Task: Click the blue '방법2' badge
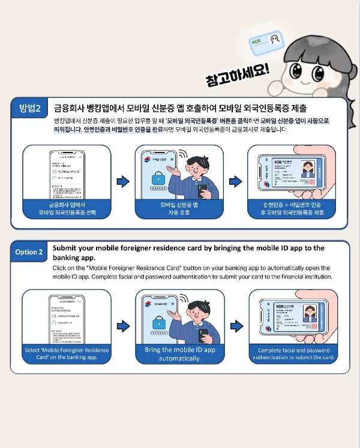coord(30,108)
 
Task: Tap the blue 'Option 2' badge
coord(29,252)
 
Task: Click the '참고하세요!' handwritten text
coord(237,77)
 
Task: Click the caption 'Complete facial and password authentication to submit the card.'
coord(293,354)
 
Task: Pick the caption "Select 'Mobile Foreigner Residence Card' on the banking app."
coord(67,354)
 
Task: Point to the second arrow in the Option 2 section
coord(236,326)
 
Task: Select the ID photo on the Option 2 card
coord(310,313)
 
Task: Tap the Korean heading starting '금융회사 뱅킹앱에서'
coord(180,109)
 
